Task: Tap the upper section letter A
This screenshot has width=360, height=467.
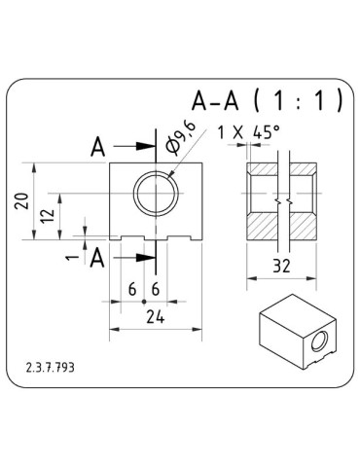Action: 97,147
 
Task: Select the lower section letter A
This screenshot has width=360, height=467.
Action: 97,257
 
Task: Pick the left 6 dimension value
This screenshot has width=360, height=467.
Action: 131,289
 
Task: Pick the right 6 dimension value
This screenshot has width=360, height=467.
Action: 156,289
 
